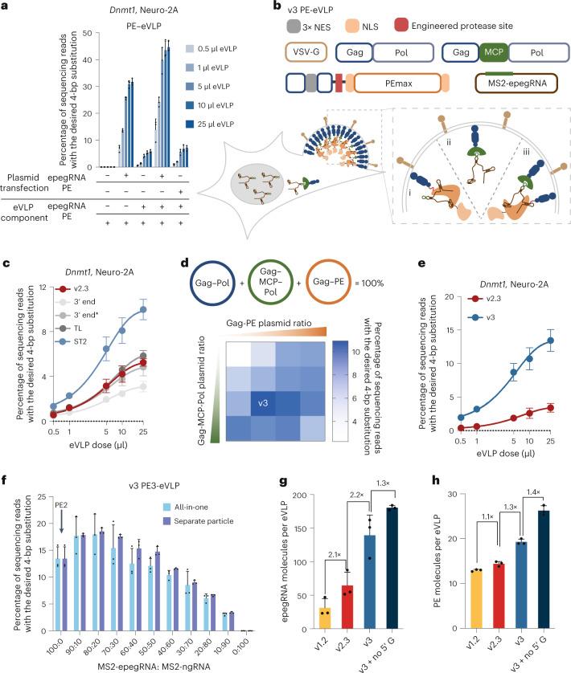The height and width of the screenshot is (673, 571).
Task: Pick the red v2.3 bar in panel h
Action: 499,596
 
